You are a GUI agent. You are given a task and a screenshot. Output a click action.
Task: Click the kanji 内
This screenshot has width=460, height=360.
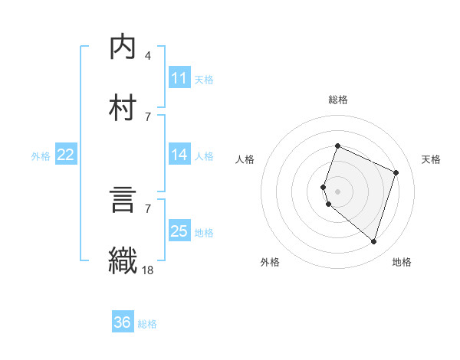(x=123, y=47)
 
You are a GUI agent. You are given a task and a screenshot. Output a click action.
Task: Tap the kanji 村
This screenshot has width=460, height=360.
(x=123, y=105)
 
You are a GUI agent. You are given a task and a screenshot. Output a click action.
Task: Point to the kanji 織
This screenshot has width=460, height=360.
(x=123, y=258)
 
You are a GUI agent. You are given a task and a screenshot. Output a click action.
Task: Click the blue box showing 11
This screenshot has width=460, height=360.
(x=179, y=78)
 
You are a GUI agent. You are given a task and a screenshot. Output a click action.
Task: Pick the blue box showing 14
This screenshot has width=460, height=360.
(x=179, y=155)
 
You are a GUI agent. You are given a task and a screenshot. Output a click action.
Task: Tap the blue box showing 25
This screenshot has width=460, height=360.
(x=179, y=231)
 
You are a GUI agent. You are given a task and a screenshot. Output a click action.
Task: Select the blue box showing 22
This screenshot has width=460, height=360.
(x=66, y=155)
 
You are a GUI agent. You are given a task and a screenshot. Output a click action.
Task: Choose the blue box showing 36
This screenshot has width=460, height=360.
(x=123, y=322)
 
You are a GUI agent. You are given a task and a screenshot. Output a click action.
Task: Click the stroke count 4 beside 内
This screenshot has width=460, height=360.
(x=148, y=56)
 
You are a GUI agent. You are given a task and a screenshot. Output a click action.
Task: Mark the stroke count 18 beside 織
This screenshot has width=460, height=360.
(x=148, y=269)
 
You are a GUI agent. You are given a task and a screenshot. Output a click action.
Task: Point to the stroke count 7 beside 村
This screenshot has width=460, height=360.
(x=148, y=116)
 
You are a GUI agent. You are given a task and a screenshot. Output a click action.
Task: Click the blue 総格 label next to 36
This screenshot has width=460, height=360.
(x=147, y=324)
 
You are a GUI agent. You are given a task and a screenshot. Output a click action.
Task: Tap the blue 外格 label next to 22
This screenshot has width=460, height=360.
(x=41, y=156)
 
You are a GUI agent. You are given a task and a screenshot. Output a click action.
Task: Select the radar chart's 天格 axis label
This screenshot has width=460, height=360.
(x=431, y=159)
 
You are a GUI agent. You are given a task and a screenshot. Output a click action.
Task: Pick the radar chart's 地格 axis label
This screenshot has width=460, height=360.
(x=402, y=262)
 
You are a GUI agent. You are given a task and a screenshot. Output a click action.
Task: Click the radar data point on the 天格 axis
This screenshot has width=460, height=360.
(x=396, y=172)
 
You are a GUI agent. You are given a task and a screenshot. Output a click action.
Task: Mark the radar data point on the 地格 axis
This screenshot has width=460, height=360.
(x=373, y=241)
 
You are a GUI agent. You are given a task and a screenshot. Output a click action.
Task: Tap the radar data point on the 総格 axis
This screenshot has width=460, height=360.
(x=337, y=146)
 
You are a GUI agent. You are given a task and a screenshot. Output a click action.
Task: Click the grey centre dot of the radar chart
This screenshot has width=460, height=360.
(x=337, y=191)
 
